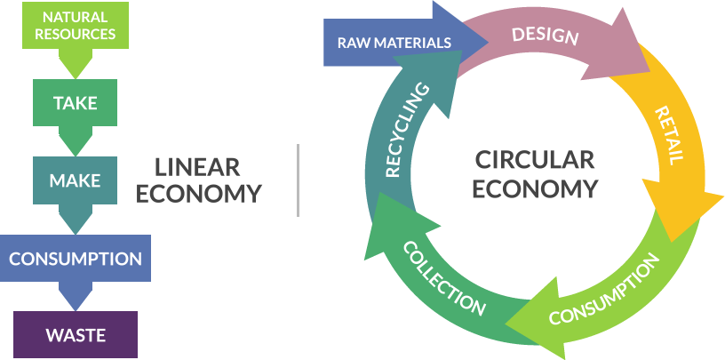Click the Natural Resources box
76,26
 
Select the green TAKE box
75,102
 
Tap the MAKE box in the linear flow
75,180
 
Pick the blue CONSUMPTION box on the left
76,259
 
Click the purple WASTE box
76,335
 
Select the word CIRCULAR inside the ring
534,160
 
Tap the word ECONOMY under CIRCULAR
534,188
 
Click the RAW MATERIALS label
394,42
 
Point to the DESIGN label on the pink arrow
546,36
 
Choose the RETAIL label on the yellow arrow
669,135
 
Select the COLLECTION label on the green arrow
445,277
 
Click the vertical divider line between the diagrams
299,180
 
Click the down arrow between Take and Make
75,140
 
